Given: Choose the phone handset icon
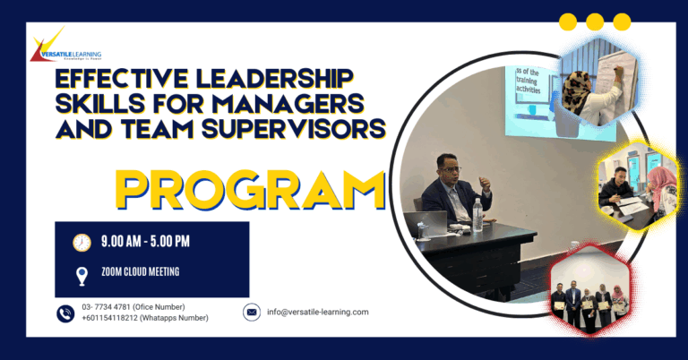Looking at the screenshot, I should [64, 313].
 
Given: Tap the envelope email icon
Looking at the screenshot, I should [252, 312].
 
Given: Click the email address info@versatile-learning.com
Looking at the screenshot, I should [318, 312].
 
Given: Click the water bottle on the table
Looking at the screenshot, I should [477, 214].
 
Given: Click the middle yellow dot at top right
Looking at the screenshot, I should [594, 22].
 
